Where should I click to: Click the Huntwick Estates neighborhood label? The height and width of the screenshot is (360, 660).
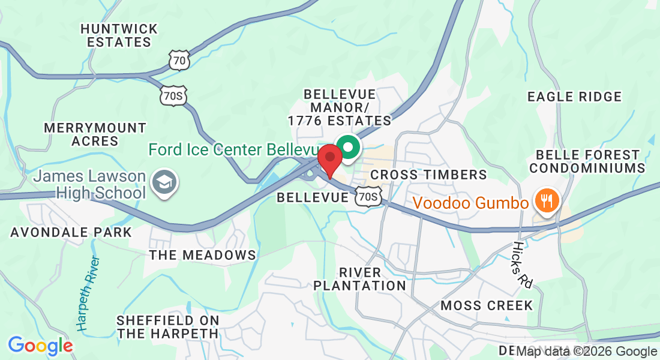[119, 35]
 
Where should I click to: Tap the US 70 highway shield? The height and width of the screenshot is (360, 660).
[179, 59]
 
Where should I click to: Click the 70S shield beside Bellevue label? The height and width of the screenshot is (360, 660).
[368, 196]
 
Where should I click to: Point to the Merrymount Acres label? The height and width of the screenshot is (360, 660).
[95, 134]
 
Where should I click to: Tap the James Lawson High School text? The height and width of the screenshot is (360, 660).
[90, 185]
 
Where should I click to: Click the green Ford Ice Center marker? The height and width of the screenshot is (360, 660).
[347, 146]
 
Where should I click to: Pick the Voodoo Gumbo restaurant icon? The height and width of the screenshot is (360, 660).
[546, 200]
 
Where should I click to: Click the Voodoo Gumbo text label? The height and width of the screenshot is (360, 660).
[471, 203]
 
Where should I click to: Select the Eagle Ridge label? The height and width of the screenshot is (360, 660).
[574, 97]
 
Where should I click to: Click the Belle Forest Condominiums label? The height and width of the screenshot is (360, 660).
[587, 161]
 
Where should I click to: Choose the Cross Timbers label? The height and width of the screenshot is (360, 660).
[428, 175]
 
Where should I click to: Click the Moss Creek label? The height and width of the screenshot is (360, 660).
[487, 305]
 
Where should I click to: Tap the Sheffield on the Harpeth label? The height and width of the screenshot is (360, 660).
[167, 327]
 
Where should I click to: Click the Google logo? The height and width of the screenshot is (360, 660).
[40, 346]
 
